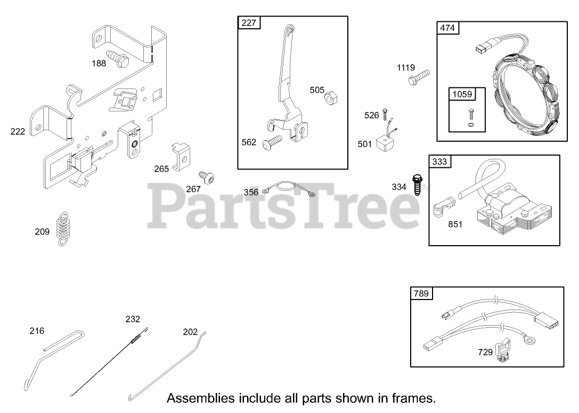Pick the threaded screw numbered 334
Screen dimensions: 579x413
417,185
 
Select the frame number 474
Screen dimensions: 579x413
447,28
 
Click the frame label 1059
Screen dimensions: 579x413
462,94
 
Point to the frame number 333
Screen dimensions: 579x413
439,161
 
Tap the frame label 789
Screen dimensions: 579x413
421,293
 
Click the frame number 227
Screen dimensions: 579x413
248,22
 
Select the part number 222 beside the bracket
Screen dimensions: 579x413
18,131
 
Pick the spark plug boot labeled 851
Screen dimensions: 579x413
443,206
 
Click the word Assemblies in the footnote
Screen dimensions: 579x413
200,398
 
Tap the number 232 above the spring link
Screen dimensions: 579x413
133,319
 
